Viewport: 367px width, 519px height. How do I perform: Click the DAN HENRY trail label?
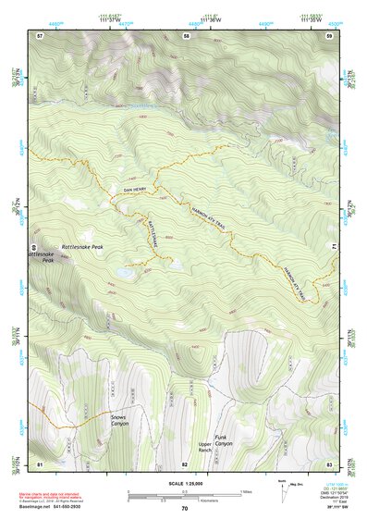(x=135, y=190)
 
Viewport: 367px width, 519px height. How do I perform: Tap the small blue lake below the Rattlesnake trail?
(x=124, y=273)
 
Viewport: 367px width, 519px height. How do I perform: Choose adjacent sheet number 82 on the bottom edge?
(x=185, y=462)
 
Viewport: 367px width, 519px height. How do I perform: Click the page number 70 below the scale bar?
(x=184, y=508)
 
